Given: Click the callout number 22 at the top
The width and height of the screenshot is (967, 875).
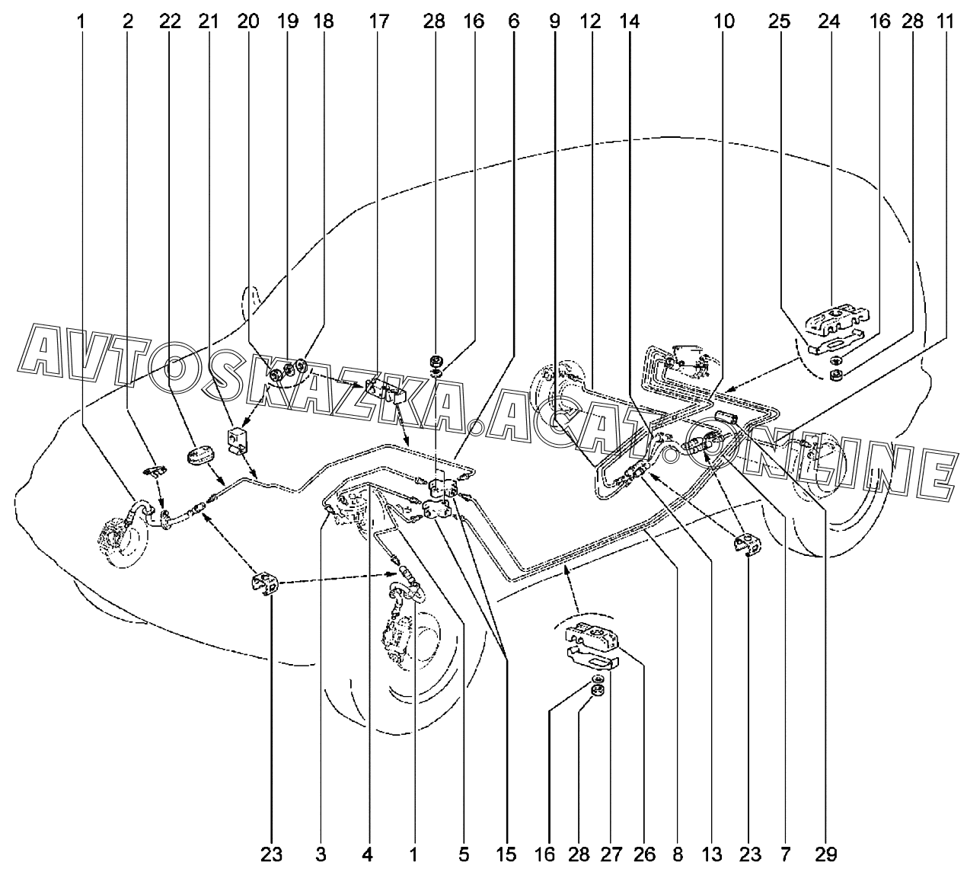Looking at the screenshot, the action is tap(169, 22).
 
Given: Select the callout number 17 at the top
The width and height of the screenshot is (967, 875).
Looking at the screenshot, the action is tap(379, 22).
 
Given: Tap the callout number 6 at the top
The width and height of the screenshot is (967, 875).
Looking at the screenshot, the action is tap(514, 22).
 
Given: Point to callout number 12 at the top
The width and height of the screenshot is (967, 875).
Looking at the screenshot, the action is tap(591, 22).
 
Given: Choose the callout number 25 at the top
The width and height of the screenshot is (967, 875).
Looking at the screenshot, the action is tap(780, 22).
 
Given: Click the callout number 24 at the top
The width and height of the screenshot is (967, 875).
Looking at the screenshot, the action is tap(828, 22).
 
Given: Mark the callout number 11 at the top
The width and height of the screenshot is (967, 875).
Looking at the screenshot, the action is tap(946, 22).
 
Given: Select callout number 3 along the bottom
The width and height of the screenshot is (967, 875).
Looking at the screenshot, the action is tap(321, 854).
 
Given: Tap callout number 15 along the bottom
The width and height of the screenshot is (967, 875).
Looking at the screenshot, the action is tap(506, 854).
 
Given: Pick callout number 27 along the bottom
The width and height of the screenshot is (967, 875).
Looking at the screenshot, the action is tap(611, 854).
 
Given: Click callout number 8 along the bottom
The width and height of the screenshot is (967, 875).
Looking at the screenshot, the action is tap(678, 854).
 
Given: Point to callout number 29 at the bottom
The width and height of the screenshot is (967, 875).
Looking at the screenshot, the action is tap(826, 854).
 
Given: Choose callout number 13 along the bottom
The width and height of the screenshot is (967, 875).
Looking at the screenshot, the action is tap(711, 854).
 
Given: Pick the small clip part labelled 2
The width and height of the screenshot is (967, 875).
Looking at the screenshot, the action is tap(155, 471).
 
